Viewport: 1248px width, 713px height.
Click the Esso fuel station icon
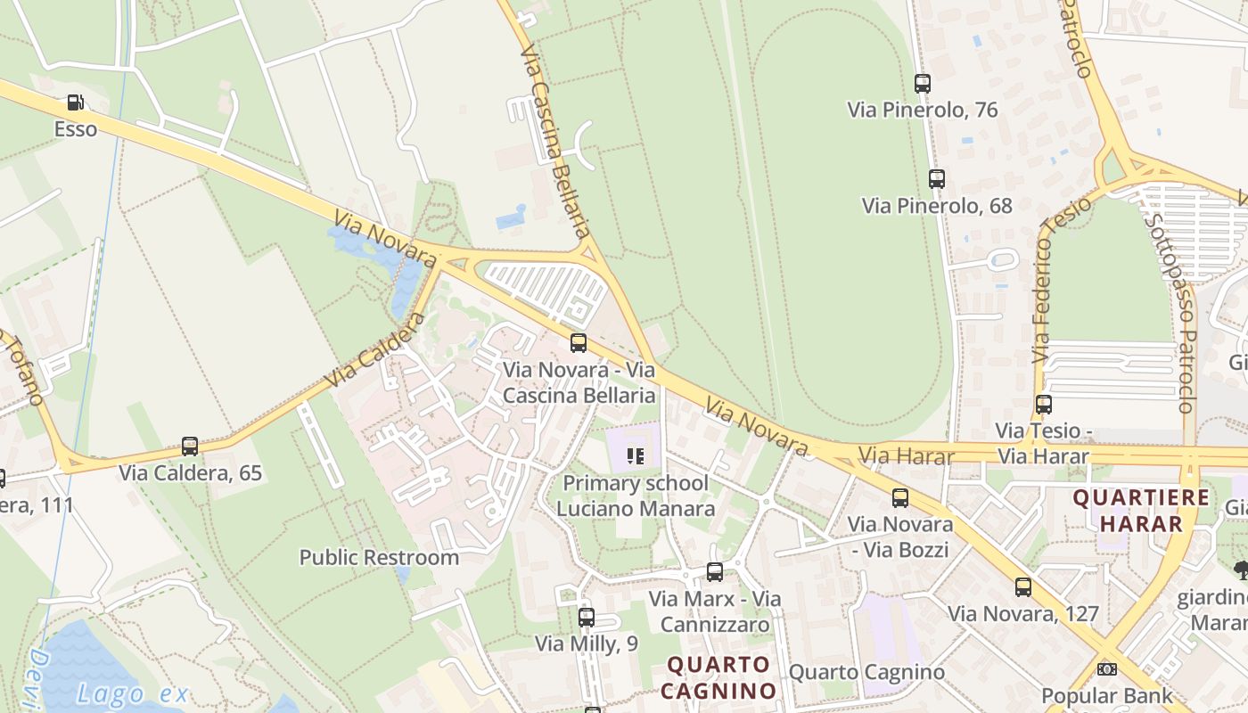[76, 102]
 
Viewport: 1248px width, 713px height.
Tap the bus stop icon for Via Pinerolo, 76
[923, 84]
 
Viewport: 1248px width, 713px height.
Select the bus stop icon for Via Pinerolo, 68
[936, 178]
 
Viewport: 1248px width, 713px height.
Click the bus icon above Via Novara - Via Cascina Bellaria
[579, 343]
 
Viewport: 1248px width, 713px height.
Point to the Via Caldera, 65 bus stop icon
[190, 447]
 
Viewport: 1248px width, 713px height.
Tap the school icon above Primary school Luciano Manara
[636, 456]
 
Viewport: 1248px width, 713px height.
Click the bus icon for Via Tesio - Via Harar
[1044, 405]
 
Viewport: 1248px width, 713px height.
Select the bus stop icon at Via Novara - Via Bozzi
[900, 498]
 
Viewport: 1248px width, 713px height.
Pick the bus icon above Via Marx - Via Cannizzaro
[715, 572]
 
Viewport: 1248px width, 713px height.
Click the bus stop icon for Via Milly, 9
[587, 617]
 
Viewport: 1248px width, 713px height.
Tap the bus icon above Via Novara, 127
[1023, 587]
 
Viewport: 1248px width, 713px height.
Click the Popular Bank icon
[1107, 669]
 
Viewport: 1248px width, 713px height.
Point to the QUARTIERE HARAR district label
[1140, 511]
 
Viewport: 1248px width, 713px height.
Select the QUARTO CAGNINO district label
[719, 677]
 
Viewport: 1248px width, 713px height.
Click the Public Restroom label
[379, 558]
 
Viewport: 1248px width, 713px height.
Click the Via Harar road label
[906, 457]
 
